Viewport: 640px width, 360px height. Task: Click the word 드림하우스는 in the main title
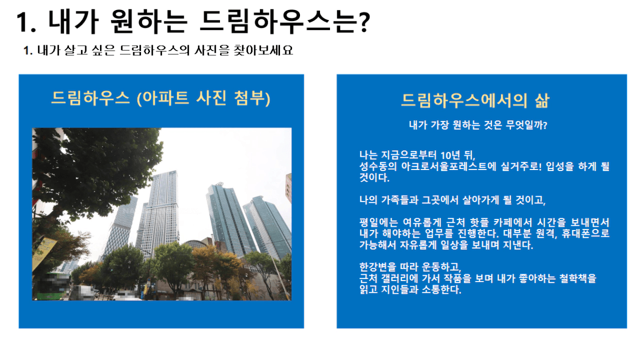(x=278, y=22)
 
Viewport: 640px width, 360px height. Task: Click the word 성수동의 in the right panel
(x=378, y=166)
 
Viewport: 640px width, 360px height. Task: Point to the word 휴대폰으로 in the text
(x=585, y=234)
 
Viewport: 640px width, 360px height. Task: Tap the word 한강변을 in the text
(x=378, y=267)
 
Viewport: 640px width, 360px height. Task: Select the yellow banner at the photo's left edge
(x=44, y=253)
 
